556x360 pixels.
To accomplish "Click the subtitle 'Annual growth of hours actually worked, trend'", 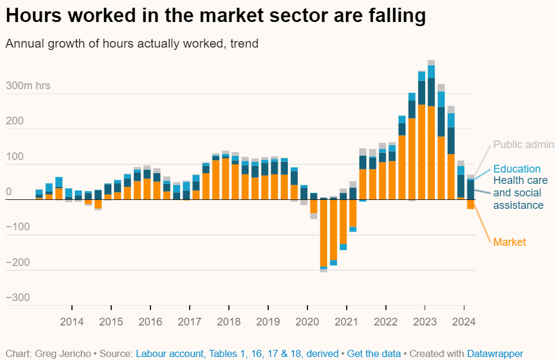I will (131, 43).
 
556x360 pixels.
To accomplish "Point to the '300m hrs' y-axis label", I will (28, 86).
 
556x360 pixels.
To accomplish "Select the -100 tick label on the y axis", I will (17, 227).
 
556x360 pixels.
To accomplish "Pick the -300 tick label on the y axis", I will (17, 298).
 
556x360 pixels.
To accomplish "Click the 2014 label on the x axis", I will (71, 322).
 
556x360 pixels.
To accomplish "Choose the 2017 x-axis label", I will (189, 322).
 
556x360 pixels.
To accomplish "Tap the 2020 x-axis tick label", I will (307, 322).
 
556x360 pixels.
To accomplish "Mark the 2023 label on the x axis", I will (425, 322).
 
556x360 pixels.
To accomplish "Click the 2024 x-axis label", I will (464, 322).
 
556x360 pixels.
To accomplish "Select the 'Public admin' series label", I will (523, 145).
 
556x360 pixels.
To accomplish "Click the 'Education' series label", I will (517, 169).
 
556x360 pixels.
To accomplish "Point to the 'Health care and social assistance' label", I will (518, 193).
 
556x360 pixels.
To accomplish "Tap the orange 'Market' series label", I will (510, 242).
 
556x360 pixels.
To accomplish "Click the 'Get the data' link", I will (374, 353).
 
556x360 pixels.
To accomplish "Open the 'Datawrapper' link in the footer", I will (495, 353).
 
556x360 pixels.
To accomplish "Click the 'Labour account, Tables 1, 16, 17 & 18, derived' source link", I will (237, 353).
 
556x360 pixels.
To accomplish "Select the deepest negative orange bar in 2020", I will (323, 233).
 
